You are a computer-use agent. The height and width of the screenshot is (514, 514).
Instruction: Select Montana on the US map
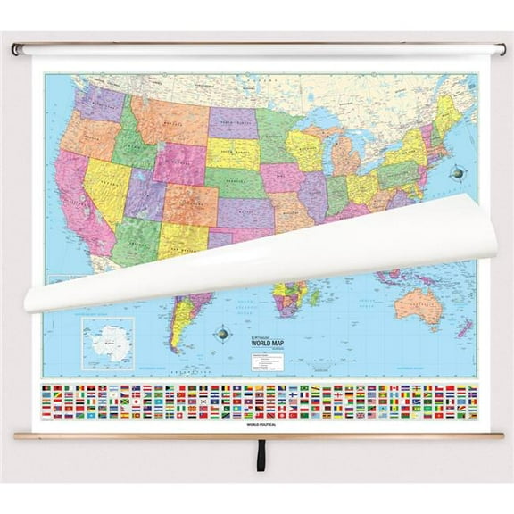(170, 120)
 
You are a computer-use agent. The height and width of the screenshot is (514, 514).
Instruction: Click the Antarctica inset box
(106, 344)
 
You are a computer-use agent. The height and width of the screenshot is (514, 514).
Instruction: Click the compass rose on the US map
(460, 172)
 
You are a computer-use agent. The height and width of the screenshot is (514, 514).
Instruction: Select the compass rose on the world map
(220, 335)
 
